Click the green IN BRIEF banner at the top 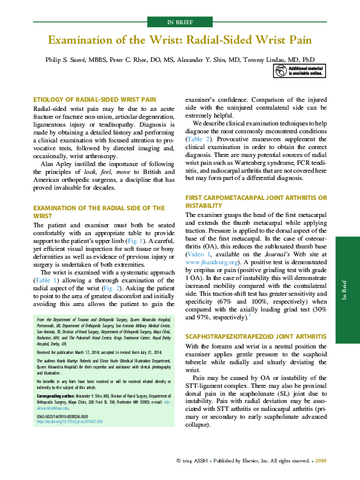179,23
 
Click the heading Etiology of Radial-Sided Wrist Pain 95,99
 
